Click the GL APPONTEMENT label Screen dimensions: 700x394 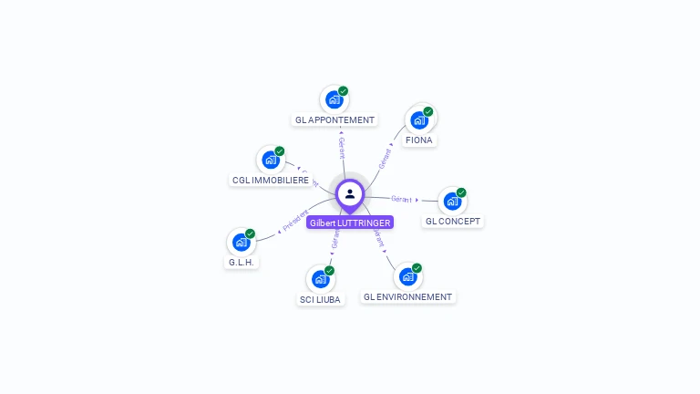(x=335, y=119)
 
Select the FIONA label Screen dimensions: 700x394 (x=419, y=140)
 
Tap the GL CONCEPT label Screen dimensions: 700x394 (x=453, y=221)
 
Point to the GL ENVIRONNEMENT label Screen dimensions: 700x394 (x=407, y=296)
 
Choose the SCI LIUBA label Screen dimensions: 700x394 (x=320, y=299)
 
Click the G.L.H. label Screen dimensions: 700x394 (x=241, y=262)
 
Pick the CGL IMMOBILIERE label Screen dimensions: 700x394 (x=270, y=180)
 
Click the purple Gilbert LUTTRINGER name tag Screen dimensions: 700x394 (x=350, y=223)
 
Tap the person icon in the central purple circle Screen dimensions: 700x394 (x=350, y=193)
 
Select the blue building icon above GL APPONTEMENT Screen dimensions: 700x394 (x=334, y=99)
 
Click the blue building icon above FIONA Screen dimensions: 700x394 (x=418, y=119)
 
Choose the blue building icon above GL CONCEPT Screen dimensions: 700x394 (x=452, y=201)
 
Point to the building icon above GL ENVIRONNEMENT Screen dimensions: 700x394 (x=407, y=276)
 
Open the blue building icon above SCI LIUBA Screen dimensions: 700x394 (x=320, y=279)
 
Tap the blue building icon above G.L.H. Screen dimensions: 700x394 (x=241, y=242)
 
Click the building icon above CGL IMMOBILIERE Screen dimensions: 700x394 (x=270, y=160)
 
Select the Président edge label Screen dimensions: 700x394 (x=295, y=220)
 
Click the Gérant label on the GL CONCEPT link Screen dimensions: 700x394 (x=401, y=198)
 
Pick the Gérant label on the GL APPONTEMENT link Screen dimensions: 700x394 (x=342, y=149)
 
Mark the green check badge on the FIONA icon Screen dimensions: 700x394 (x=428, y=111)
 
